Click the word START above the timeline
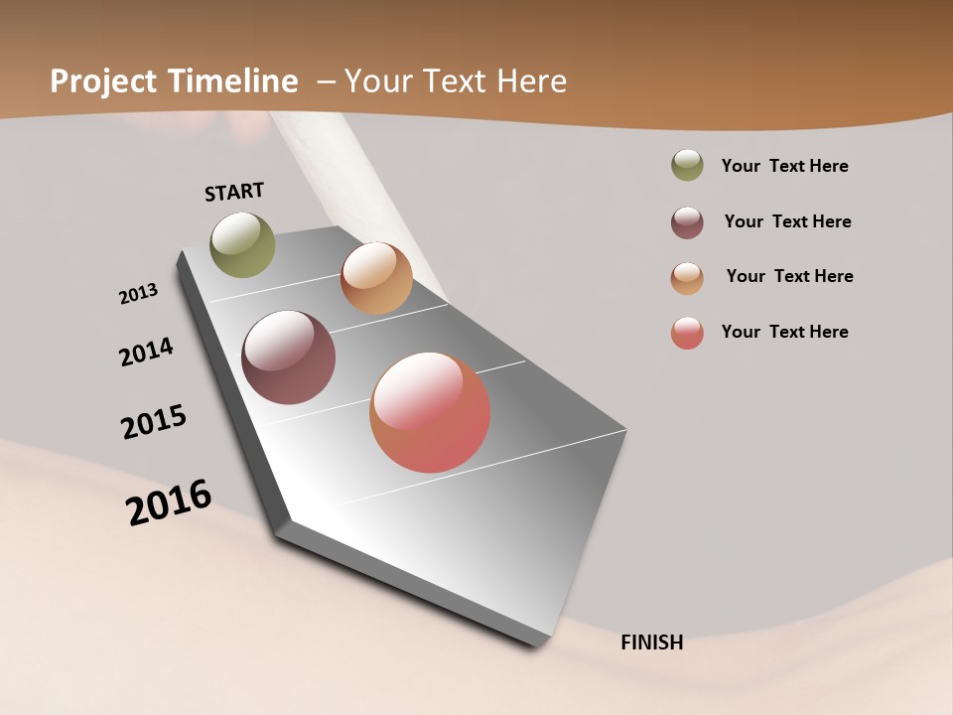[234, 192]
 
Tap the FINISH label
[652, 643]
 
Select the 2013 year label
[139, 294]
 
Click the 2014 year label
[147, 352]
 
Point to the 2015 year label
[154, 422]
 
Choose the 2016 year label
[169, 502]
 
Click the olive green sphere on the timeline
[242, 244]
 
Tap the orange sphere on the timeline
[376, 278]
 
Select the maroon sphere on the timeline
[288, 357]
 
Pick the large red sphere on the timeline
[430, 412]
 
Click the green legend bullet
[687, 165]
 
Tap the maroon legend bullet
[687, 222]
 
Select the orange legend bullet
[687, 278]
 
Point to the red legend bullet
[687, 333]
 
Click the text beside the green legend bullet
[784, 167]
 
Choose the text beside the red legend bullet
[784, 332]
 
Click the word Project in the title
[103, 81]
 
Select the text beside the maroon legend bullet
[787, 221]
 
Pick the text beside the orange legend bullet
[789, 276]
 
